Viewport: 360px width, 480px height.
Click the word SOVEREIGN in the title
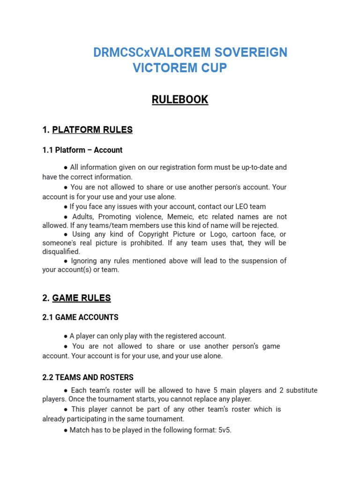pos(249,52)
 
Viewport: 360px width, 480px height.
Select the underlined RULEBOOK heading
pos(180,100)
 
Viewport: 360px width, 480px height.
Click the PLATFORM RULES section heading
pos(92,130)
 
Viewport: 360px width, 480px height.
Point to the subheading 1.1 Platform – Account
pos(82,150)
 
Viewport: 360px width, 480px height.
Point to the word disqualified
pos(61,252)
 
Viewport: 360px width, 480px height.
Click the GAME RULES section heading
pos(82,298)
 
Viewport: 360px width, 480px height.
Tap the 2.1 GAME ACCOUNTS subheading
pos(80,317)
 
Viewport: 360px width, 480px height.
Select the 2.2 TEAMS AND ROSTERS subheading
pos(88,377)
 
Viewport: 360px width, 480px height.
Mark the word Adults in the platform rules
pos(83,217)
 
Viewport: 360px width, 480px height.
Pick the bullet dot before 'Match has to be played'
pos(66,430)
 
